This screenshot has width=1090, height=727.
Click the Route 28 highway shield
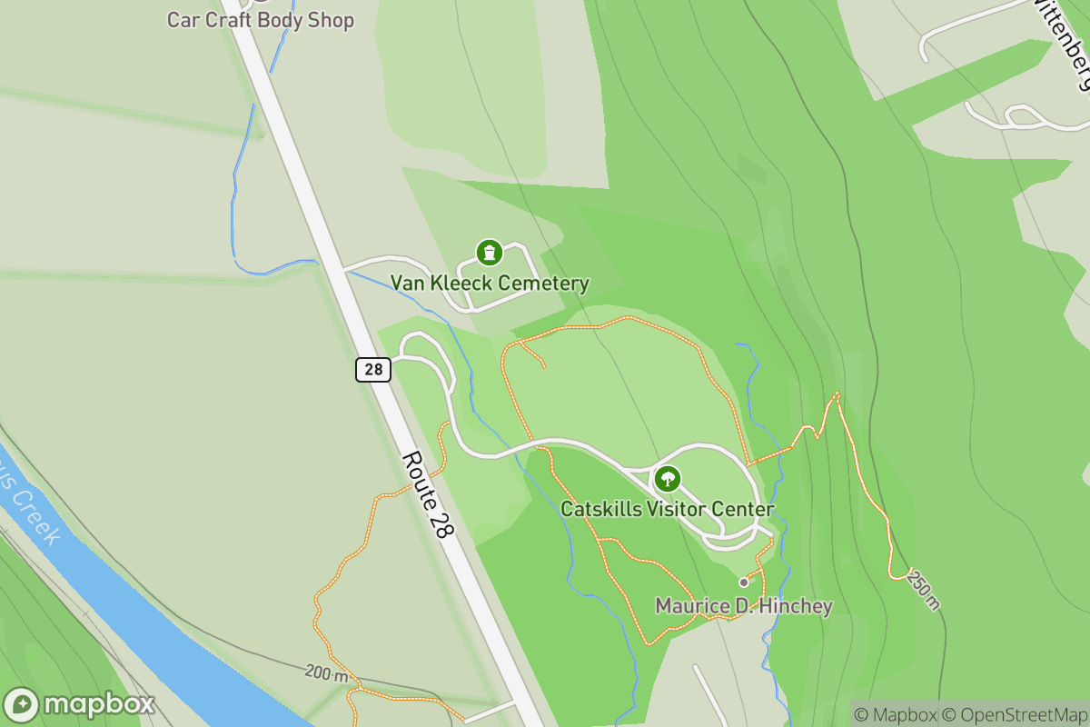tap(373, 369)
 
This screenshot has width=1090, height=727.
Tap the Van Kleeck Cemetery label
tap(490, 284)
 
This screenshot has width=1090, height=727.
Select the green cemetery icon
tap(489, 252)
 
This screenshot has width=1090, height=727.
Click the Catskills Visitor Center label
tap(667, 509)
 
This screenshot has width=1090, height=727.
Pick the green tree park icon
tap(668, 478)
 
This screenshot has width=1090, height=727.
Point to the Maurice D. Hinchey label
tap(744, 605)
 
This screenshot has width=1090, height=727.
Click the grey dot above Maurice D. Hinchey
tap(744, 582)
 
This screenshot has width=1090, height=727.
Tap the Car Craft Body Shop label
tap(260, 20)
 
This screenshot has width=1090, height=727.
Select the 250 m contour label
tap(923, 591)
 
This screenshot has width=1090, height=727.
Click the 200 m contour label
tap(326, 674)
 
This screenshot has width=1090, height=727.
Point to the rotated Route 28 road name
tap(426, 494)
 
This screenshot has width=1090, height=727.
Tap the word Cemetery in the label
tap(544, 284)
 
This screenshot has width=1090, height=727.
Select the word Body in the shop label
tap(279, 20)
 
